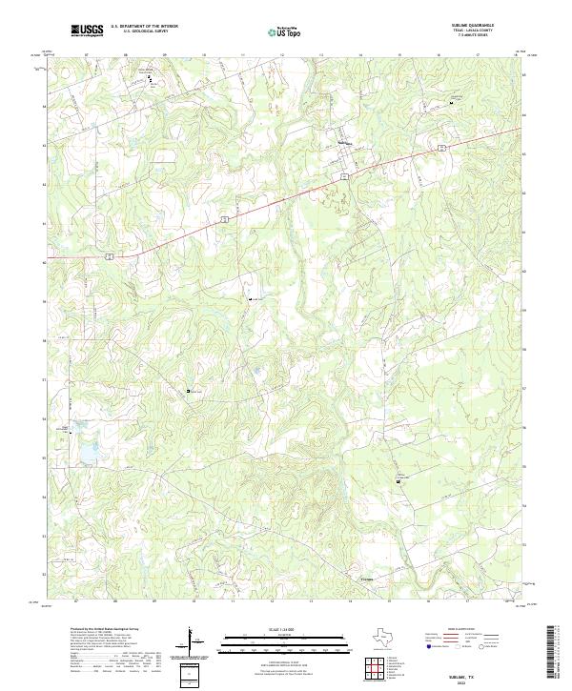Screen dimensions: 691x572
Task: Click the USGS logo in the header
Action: point(87,30)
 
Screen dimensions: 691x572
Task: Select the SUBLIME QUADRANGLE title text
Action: point(473,25)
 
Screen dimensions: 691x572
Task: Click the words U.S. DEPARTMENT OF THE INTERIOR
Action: point(144,26)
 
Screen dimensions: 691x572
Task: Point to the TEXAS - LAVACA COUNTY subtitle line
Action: point(473,30)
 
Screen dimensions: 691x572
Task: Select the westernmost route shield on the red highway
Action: point(111,255)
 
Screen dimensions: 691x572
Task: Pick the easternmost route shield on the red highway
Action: point(441,148)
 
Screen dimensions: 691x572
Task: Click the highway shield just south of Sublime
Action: point(339,178)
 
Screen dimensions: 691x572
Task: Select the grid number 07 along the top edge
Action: point(87,55)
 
